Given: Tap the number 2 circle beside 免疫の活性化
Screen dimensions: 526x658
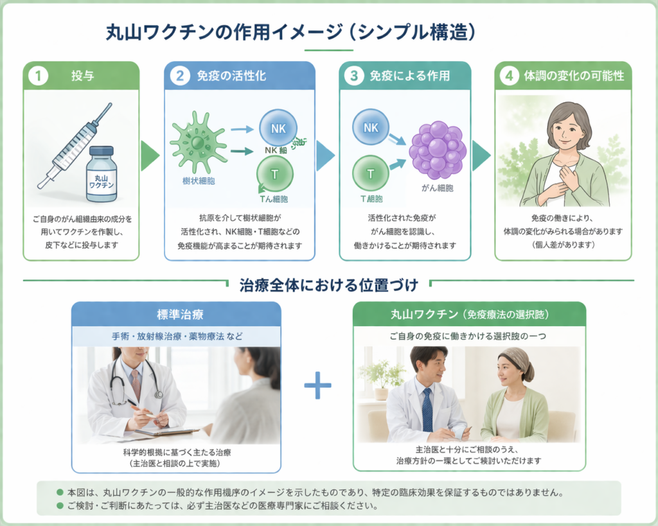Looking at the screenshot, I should [x=180, y=76].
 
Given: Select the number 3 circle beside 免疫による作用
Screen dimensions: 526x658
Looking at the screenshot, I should [x=354, y=76].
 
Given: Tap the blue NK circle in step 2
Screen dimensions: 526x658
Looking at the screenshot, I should [x=278, y=128].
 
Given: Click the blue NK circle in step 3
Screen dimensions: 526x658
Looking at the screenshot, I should [x=371, y=127].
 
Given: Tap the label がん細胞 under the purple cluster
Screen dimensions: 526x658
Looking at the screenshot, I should [x=438, y=188].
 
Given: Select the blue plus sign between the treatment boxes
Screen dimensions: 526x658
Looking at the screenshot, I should [x=317, y=385].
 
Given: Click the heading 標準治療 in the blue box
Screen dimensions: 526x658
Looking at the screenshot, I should [x=175, y=315].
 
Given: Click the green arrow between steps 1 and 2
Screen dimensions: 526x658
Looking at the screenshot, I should [x=150, y=156].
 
